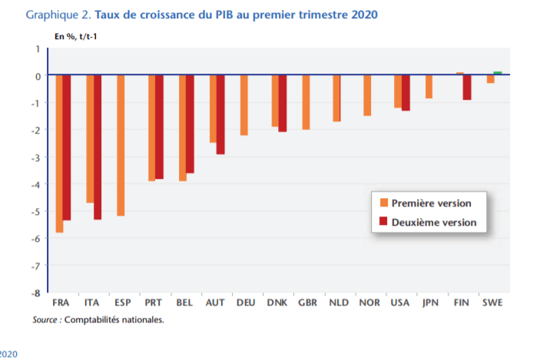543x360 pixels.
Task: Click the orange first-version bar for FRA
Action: pos(59,154)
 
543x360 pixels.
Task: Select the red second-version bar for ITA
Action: pos(98,147)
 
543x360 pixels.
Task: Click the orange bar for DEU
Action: pos(243,105)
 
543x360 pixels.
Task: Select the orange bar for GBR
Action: pos(306,102)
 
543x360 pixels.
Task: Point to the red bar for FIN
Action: pos(467,88)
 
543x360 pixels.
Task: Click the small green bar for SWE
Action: pos(498,73)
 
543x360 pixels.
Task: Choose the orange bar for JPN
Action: pos(429,87)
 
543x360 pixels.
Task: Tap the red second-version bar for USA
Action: pos(406,93)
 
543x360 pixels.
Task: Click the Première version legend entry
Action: pos(431,203)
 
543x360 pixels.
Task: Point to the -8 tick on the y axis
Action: pos(35,292)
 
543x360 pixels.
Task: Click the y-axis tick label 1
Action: pos(37,49)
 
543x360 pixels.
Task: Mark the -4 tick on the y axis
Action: pos(35,184)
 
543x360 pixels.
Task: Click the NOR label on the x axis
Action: pos(367,303)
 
